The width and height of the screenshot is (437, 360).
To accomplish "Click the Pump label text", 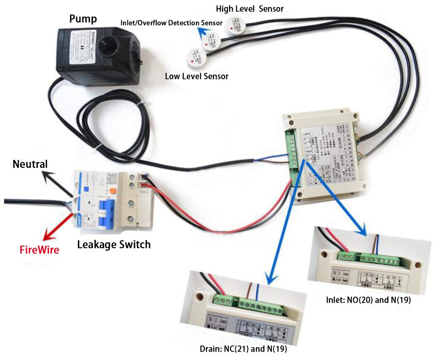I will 84,19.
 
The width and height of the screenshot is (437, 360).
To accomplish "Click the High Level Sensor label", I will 249,9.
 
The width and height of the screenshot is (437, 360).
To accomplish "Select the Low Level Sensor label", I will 196,76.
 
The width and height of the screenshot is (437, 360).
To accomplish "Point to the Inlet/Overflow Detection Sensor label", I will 171,22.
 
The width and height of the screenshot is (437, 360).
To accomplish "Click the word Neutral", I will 30,164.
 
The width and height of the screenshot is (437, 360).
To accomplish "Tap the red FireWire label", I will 39,250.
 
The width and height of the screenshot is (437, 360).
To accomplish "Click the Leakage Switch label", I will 114,244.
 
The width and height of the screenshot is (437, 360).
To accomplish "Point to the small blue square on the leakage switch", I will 87,189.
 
